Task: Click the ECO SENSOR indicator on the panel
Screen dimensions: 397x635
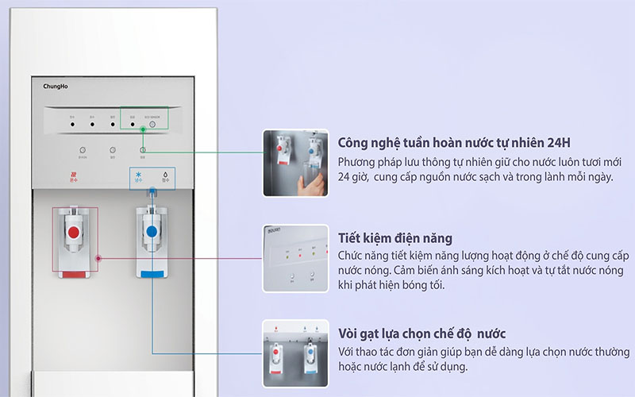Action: (x=152, y=124)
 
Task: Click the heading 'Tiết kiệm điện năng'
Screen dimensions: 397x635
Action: (x=395, y=238)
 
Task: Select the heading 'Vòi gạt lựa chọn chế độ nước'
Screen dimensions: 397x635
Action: (x=421, y=333)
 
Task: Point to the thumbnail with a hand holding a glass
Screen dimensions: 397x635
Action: (x=295, y=163)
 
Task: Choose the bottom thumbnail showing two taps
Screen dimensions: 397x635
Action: (x=295, y=353)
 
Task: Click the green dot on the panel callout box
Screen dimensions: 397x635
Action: (x=143, y=148)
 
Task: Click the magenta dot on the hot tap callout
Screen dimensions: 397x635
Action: (x=98, y=258)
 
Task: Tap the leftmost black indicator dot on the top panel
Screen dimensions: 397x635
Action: (x=72, y=124)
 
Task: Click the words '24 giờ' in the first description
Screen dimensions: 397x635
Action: (x=352, y=176)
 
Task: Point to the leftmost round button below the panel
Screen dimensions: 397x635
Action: (x=83, y=149)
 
